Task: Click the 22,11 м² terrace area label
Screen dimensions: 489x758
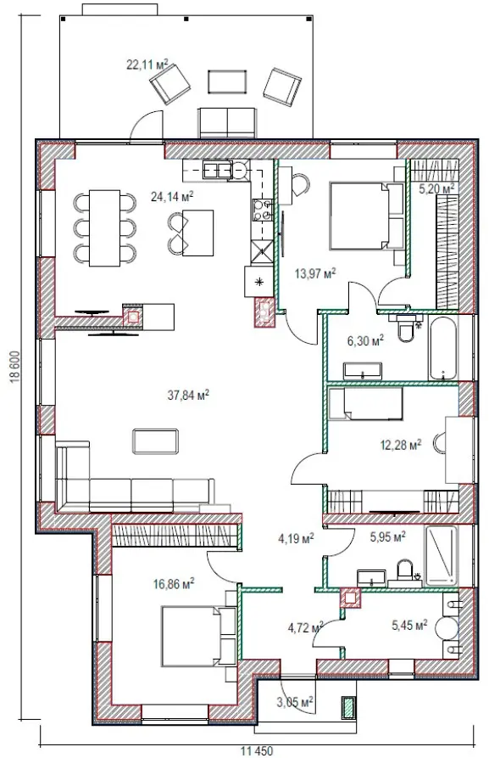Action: tap(147, 65)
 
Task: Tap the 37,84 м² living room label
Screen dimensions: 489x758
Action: tap(188, 395)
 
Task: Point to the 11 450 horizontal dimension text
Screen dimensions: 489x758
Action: tap(257, 750)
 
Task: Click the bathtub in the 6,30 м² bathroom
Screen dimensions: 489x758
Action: tap(442, 348)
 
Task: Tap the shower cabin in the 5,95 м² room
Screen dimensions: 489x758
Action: tap(441, 556)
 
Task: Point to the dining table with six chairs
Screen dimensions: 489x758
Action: tap(105, 227)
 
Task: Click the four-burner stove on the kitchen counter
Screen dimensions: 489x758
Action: tap(262, 211)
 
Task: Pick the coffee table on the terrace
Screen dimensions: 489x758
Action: tap(228, 81)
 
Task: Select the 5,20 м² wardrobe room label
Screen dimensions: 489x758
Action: tap(436, 188)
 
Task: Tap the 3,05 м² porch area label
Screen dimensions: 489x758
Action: tap(295, 701)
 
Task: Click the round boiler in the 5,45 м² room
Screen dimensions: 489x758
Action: tap(447, 628)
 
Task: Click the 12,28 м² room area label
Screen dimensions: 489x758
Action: tap(401, 444)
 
